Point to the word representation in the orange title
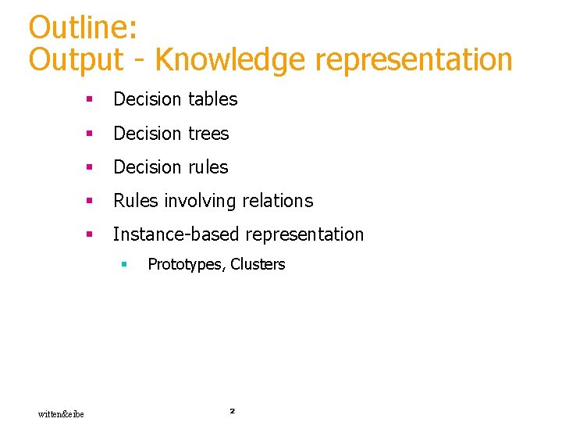(413, 59)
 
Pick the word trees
(208, 134)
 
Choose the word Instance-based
(177, 234)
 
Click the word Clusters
(258, 264)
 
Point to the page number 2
(232, 409)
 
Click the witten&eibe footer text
(61, 413)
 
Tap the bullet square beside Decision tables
(91, 100)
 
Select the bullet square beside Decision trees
(91, 134)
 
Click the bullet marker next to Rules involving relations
(91, 201)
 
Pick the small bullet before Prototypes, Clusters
(123, 265)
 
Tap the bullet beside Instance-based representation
(91, 234)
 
